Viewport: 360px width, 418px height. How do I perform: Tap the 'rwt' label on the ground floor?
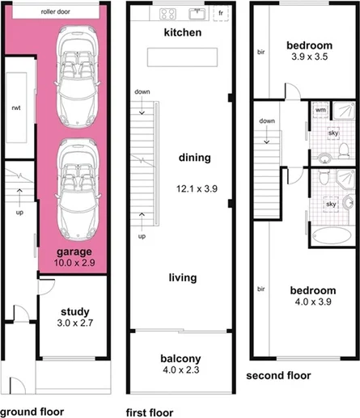click(15, 107)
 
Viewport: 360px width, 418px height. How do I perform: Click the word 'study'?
click(74, 311)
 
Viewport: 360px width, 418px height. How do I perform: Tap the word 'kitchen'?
click(182, 33)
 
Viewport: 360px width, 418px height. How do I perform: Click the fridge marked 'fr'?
click(219, 14)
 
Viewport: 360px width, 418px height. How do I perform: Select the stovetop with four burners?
click(169, 13)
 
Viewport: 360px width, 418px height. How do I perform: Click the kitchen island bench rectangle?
click(182, 56)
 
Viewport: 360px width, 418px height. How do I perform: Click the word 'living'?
click(182, 277)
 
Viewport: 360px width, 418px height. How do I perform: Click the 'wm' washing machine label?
click(320, 108)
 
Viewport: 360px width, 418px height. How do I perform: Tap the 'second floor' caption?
click(278, 375)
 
